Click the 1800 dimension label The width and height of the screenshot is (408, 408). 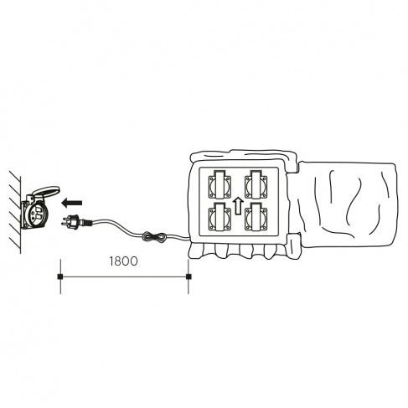click(x=123, y=261)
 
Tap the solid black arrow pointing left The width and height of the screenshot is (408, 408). click(x=72, y=203)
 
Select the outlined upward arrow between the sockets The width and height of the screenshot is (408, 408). click(x=238, y=206)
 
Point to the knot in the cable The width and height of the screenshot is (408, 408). click(x=154, y=237)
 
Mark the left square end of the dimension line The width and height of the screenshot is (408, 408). click(x=59, y=276)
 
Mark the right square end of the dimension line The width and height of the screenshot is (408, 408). click(x=189, y=276)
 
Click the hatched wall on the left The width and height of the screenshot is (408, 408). click(x=15, y=212)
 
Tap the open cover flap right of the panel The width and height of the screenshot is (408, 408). click(x=348, y=204)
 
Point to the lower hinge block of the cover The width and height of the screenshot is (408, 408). click(x=293, y=245)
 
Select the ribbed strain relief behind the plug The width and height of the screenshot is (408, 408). click(x=87, y=222)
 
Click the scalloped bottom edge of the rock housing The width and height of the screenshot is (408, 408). click(x=237, y=250)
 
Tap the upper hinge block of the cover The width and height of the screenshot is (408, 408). click(x=292, y=163)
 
